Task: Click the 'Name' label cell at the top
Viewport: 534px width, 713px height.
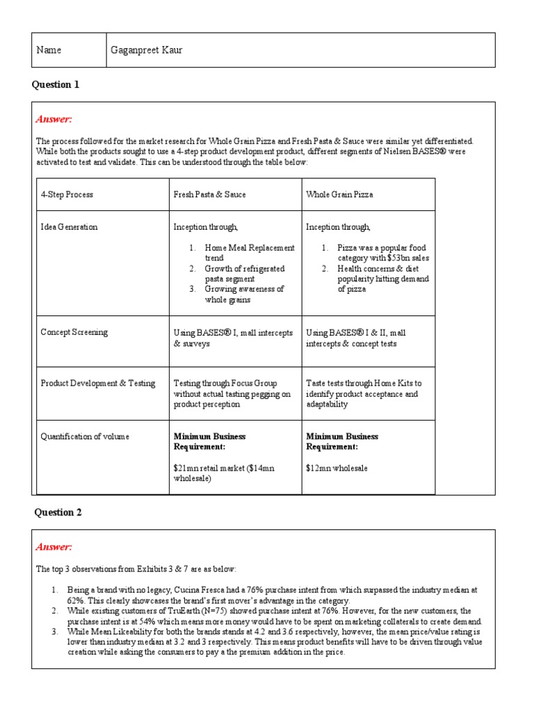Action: (51, 50)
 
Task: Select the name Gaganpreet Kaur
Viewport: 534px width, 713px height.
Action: (147, 50)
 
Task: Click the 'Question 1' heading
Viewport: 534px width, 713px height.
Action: (56, 85)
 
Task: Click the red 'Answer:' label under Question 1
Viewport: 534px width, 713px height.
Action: (54, 120)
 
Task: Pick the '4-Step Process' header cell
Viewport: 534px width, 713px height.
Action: (67, 194)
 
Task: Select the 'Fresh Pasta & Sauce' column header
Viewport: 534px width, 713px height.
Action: (209, 194)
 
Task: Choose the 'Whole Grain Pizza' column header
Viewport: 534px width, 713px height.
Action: (339, 194)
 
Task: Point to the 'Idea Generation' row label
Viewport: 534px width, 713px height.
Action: (69, 227)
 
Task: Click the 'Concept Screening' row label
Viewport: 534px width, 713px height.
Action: (74, 332)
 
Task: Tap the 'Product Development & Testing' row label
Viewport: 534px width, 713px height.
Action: (98, 384)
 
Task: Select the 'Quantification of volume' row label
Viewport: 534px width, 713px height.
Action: (85, 437)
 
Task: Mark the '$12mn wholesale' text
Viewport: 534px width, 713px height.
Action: (338, 469)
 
